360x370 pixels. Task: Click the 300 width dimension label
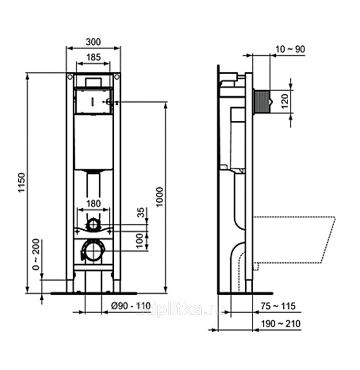(93, 42)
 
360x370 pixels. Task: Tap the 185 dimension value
(93, 57)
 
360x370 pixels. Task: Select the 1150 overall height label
(22, 183)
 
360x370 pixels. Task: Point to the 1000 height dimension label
(160, 197)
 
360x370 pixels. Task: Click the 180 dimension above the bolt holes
(93, 203)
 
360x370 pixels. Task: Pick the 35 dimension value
(141, 212)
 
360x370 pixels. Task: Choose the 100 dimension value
(140, 240)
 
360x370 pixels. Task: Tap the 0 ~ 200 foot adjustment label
(36, 254)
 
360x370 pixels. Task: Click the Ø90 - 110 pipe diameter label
(131, 306)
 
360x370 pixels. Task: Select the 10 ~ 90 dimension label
(290, 49)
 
